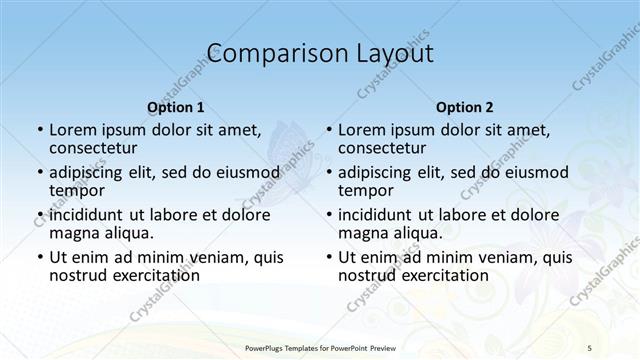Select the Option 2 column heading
[465, 107]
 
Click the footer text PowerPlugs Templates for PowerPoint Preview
[319, 346]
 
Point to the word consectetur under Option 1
[92, 147]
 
